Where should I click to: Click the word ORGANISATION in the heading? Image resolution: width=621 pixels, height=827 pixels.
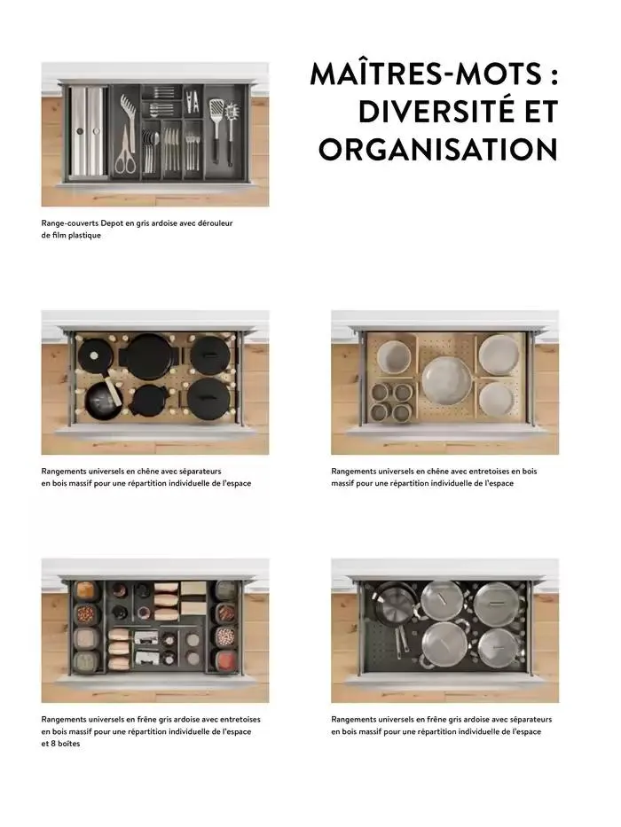[437, 149]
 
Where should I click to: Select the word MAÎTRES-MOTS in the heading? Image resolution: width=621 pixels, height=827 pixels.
[426, 74]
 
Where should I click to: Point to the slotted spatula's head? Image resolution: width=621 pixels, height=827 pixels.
[216, 112]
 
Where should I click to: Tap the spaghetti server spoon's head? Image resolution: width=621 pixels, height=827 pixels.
[231, 113]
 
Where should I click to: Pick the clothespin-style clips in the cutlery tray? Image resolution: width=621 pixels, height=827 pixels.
[193, 100]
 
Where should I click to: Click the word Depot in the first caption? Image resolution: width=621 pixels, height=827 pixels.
[112, 223]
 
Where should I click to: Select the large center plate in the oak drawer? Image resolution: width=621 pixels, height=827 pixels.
[447, 378]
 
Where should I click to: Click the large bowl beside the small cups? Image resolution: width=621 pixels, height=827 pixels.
[394, 357]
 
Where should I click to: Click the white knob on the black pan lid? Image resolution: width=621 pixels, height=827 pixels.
[94, 355]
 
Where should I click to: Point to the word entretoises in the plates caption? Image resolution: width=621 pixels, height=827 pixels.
[487, 471]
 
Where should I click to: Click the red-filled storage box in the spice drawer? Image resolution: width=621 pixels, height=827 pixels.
[226, 659]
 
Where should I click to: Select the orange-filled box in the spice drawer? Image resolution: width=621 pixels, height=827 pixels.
[85, 590]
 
